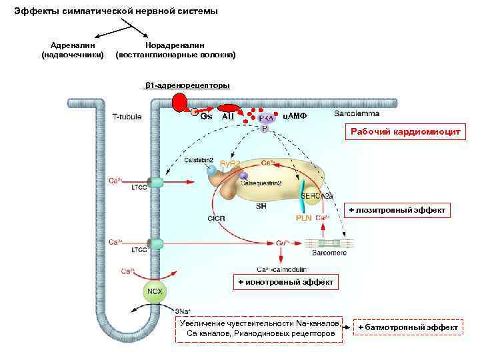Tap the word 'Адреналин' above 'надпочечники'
pyautogui.click(x=73, y=45)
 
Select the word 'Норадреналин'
pyautogui.click(x=175, y=45)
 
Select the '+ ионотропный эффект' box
pyautogui.click(x=285, y=283)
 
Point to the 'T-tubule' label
pyautogui.click(x=126, y=117)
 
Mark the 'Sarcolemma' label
pyautogui.click(x=355, y=113)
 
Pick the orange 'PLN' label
pyautogui.click(x=304, y=218)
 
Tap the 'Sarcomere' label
pyautogui.click(x=329, y=253)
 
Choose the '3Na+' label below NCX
pyautogui.click(x=183, y=311)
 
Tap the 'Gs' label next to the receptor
pyautogui.click(x=207, y=116)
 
